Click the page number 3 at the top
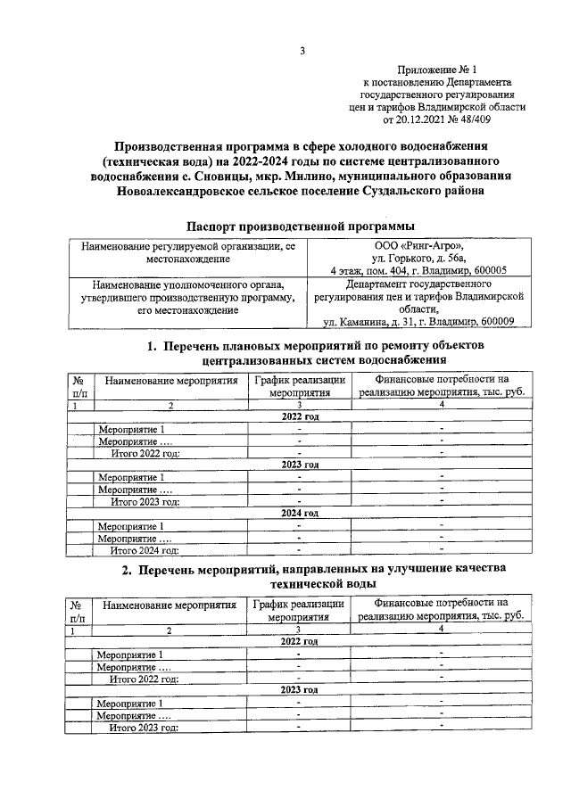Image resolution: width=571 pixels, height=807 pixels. point(302,51)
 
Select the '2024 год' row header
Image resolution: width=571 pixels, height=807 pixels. point(300,514)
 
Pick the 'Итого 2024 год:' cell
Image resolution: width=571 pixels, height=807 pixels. point(145,550)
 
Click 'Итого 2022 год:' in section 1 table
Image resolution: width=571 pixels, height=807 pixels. point(145,453)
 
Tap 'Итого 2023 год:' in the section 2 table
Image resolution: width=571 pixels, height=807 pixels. point(144,727)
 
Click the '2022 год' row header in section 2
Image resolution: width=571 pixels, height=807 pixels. point(300,641)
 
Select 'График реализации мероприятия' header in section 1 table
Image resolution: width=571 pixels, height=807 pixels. point(298,385)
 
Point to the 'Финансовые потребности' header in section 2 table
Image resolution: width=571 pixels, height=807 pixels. point(441,604)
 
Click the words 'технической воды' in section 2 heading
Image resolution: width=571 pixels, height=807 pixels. point(301,583)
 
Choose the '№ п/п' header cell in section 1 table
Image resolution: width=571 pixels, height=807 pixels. point(79,385)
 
